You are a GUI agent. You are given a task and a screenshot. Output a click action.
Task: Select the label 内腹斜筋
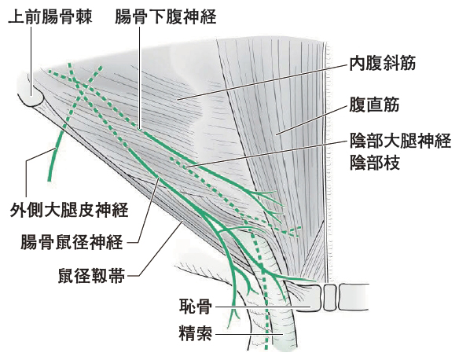click(x=382, y=63)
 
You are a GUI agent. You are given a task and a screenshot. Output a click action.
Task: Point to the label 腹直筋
click(x=374, y=105)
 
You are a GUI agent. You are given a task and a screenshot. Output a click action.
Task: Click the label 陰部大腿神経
click(x=400, y=141)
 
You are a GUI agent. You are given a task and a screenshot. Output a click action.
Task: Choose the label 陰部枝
click(x=375, y=162)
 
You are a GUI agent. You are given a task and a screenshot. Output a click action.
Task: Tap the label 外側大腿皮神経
click(x=69, y=210)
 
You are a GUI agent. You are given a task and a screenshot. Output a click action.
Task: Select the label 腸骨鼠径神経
click(x=72, y=242)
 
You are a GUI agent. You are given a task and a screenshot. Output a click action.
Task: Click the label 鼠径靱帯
click(x=92, y=275)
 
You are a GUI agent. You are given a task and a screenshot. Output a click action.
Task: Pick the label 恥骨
click(x=196, y=306)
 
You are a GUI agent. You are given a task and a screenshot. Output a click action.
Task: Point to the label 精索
click(x=196, y=332)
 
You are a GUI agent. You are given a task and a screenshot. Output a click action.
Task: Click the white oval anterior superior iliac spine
click(x=32, y=96)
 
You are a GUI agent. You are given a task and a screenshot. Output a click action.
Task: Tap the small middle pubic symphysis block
click(x=329, y=297)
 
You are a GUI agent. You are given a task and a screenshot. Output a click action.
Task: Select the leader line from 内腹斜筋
click(x=263, y=83)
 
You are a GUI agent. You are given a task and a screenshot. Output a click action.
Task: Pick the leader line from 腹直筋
click(x=312, y=120)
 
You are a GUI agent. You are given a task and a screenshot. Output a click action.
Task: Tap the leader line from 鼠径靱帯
click(x=160, y=249)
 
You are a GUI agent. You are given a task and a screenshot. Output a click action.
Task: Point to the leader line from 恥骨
click(x=263, y=307)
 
